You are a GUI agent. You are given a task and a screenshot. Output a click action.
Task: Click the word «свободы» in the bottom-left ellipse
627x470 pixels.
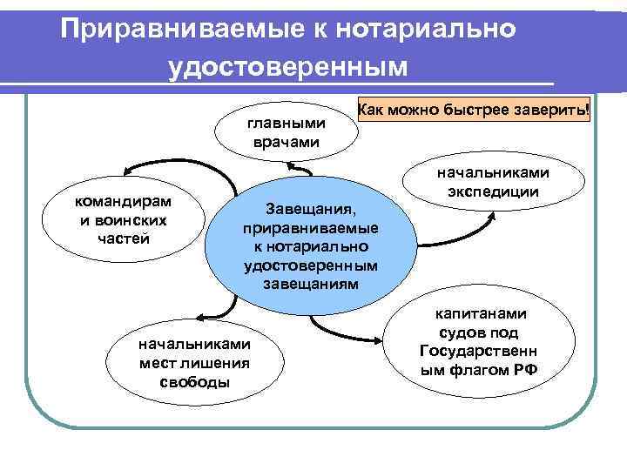click(195, 382)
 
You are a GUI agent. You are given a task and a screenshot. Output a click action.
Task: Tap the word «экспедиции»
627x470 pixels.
click(494, 192)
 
